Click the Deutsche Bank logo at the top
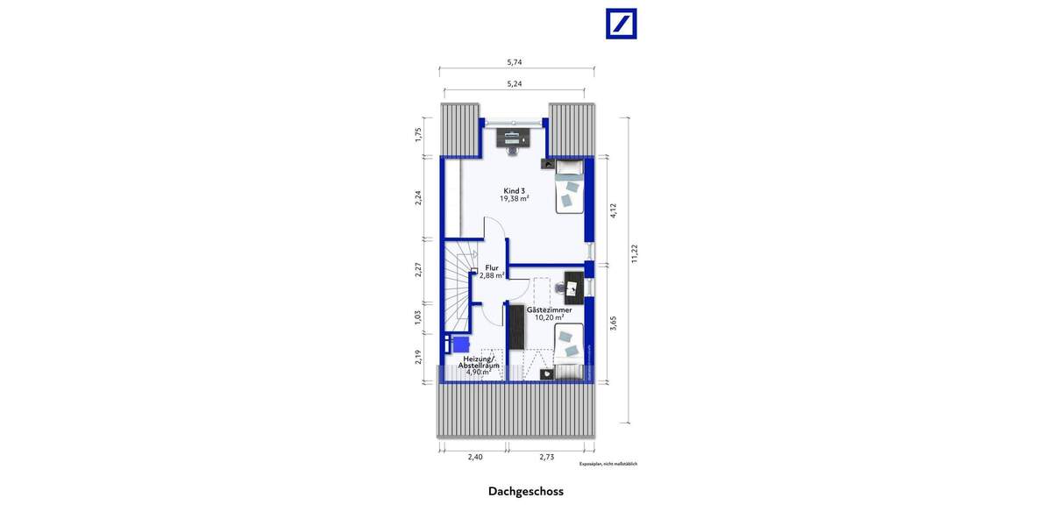tap(622, 24)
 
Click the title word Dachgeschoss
tap(526, 492)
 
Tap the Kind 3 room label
tap(515, 195)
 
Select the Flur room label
tap(491, 271)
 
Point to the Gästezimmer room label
tap(550, 313)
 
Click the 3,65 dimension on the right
tap(613, 323)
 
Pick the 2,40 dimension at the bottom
tap(474, 457)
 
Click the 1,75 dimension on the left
tap(419, 135)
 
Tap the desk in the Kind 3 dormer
tap(512, 137)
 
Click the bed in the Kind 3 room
tap(569, 187)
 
